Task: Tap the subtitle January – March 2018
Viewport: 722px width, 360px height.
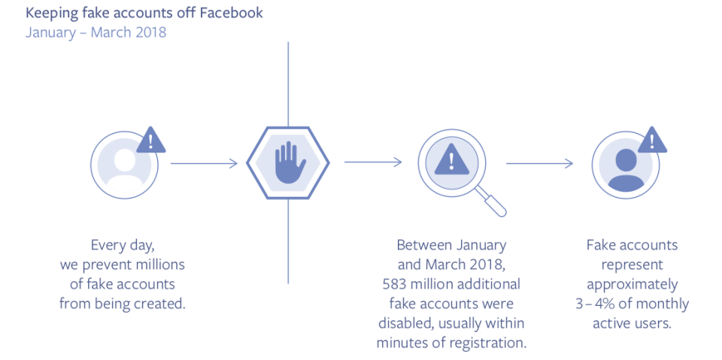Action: click(x=96, y=32)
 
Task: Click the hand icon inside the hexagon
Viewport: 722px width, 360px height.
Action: click(x=289, y=163)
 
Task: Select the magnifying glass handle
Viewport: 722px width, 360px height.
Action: click(x=493, y=203)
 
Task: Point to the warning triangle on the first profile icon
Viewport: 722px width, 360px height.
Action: click(x=151, y=140)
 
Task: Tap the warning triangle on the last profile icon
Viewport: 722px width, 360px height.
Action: click(x=652, y=140)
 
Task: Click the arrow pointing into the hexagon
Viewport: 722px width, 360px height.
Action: click(x=205, y=162)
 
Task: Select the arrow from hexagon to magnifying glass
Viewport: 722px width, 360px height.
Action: click(x=373, y=162)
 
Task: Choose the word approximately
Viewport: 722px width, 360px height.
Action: click(x=632, y=284)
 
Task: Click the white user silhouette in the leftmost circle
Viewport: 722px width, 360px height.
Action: click(x=124, y=165)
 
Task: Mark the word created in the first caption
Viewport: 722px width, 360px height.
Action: click(x=159, y=304)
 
